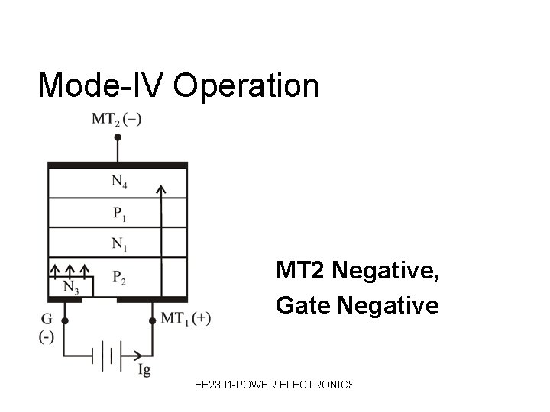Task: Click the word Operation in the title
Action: (246, 86)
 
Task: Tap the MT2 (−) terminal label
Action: (117, 118)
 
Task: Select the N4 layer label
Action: (119, 182)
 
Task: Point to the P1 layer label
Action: (119, 213)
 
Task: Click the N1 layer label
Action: (119, 244)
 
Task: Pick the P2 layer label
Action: (119, 277)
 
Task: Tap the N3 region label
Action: (70, 288)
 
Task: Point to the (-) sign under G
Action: (47, 336)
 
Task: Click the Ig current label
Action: (145, 370)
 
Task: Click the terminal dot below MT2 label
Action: (118, 137)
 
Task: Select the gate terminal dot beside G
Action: (64, 321)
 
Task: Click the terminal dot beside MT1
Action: (152, 321)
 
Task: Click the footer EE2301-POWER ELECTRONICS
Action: (274, 385)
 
